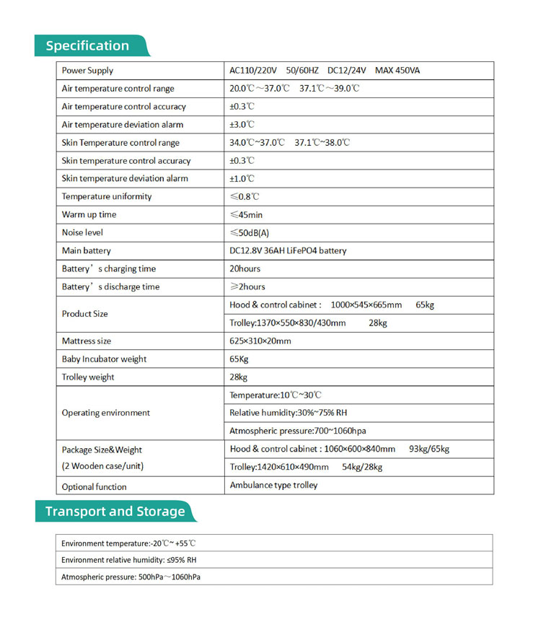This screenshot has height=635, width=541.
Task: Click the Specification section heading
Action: pos(87,45)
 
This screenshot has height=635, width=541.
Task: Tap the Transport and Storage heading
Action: pos(115,512)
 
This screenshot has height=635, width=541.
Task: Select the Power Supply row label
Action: pos(87,71)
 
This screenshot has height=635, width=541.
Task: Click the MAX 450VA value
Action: pos(397,71)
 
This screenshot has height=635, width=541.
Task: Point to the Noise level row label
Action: pos(82,232)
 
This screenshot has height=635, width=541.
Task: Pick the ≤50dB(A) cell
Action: pos(249,232)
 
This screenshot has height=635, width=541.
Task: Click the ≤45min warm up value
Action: pos(246,214)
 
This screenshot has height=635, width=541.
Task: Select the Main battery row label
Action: pos(87,250)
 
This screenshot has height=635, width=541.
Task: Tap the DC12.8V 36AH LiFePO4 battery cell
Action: pos(288,250)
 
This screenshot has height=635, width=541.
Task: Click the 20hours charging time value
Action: pos(245,268)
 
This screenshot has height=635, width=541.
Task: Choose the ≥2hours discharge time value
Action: pos(247,286)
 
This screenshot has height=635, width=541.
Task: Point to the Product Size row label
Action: pos(85,314)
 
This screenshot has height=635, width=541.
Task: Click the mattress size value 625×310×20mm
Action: pos(260,341)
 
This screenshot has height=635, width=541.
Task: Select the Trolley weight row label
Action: pos(88,377)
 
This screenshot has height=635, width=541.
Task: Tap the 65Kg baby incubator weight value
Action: pos(239,359)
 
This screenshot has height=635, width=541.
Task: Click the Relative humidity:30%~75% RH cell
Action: pos(289,413)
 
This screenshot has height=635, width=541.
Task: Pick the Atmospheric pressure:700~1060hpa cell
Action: pos(298,431)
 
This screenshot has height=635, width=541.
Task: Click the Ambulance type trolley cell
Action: pos(273,485)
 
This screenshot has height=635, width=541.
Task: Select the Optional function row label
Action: pos(94,487)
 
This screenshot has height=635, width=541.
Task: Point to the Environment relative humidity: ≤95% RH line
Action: pos(129,559)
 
